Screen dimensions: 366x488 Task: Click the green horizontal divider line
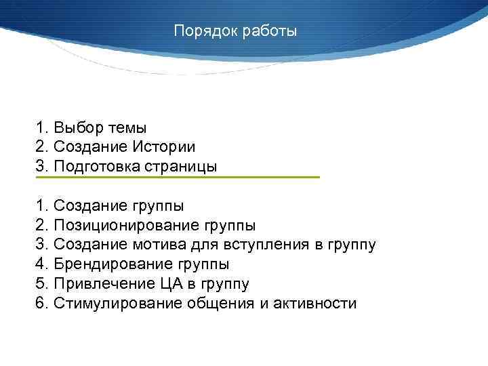[177, 178]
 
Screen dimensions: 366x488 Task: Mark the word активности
[314, 304]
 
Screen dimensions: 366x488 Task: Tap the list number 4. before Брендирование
[41, 264]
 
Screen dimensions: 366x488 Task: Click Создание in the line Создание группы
[86, 205]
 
